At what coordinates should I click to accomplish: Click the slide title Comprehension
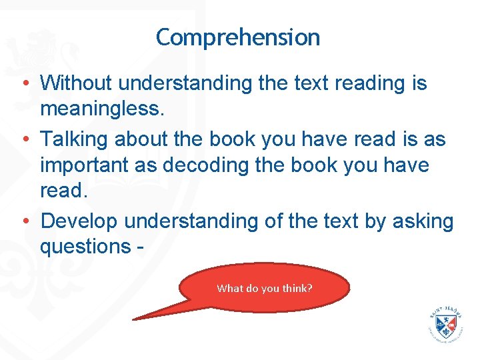pos(238,37)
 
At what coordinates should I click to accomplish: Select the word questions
pos(84,246)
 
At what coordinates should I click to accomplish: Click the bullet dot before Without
pos(24,85)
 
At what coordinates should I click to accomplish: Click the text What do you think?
pos(265,289)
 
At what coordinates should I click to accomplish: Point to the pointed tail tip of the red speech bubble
pos(134,319)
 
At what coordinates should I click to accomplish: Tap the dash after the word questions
pos(141,247)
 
